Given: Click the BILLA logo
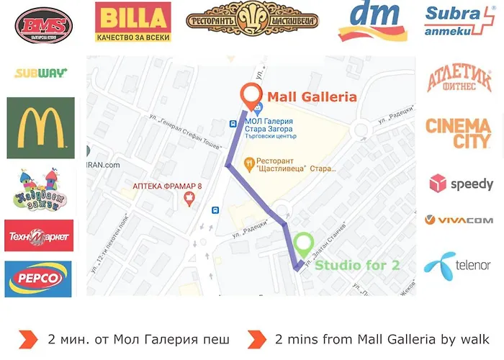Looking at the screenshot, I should (133, 19).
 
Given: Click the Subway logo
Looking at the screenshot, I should (41, 73).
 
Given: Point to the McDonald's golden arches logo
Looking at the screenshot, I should (40, 127).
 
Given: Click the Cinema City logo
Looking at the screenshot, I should (459, 133).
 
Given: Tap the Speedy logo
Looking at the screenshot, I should (462, 184).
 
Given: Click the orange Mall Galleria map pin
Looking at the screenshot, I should (250, 96).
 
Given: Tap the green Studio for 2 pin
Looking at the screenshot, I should (305, 246).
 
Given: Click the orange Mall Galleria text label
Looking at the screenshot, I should (312, 96).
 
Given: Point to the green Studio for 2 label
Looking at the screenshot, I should (357, 265).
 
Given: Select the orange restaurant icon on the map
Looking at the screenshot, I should (250, 161).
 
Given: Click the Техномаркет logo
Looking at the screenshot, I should (39, 235).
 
